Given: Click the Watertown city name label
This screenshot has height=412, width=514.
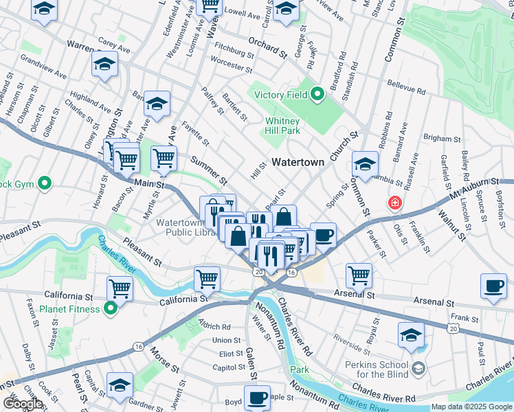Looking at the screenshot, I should [298, 162].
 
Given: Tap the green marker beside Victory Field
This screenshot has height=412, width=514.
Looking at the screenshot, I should [317, 95].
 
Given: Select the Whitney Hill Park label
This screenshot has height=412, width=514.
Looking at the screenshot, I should [282, 126].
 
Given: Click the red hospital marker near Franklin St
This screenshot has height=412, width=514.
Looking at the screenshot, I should [394, 203].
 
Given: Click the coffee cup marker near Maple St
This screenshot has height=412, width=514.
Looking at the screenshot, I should [258, 398].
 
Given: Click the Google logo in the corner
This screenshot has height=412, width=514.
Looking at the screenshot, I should [23, 404].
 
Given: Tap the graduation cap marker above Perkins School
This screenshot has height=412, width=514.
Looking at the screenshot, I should [411, 336].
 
